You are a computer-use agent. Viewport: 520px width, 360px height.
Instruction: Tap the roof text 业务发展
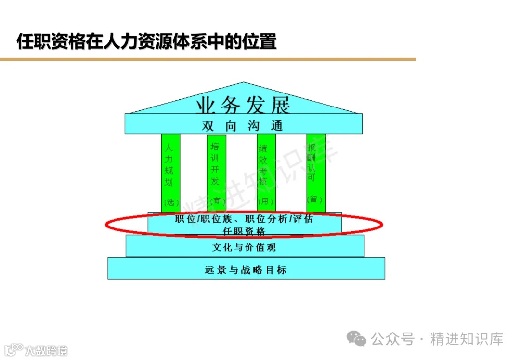243,104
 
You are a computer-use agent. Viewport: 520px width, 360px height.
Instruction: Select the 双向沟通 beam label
243,126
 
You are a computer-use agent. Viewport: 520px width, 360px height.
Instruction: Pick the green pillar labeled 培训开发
216,164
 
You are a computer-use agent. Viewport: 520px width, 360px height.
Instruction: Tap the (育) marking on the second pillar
216,200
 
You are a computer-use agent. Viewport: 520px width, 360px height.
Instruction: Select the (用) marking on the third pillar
265,201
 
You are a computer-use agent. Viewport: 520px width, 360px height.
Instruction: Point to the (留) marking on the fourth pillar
315,199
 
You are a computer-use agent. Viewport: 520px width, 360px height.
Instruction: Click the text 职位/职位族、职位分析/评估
244,219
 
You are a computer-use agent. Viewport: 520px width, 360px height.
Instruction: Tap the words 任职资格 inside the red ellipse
244,231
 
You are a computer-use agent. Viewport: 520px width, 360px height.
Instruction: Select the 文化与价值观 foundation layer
244,248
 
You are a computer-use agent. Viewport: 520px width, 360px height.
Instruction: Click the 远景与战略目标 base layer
246,269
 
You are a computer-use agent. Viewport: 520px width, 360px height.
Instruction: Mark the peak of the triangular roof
244,83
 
